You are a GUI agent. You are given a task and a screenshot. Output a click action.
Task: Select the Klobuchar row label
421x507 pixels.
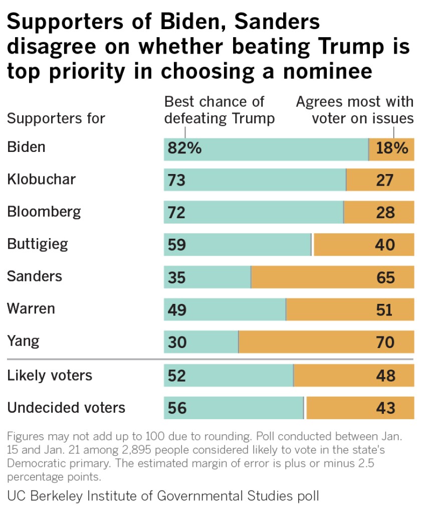click(41, 179)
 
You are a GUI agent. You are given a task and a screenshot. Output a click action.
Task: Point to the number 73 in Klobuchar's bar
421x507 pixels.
click(176, 180)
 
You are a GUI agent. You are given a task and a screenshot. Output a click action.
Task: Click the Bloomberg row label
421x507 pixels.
click(44, 212)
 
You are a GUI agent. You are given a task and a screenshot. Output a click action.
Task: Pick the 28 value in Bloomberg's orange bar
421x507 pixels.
click(385, 213)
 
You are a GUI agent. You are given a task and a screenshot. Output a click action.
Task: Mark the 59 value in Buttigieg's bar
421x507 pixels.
click(176, 245)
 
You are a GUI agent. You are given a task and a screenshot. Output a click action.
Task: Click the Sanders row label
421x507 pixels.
click(35, 276)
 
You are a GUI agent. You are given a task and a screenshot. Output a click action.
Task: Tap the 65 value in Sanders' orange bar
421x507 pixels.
click(385, 277)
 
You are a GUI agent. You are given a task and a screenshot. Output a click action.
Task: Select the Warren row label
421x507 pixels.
click(31, 308)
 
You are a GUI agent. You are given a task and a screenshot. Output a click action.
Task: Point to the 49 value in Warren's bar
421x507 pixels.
click(176, 310)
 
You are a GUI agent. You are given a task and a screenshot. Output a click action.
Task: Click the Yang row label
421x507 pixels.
click(23, 342)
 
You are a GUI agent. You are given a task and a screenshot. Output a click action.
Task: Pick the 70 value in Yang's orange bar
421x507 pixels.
click(385, 343)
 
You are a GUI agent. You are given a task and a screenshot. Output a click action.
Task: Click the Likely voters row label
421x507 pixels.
click(50, 375)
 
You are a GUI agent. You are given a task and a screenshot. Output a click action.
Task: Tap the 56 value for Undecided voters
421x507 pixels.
click(176, 408)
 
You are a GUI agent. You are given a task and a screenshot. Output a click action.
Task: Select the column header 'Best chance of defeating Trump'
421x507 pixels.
click(220, 110)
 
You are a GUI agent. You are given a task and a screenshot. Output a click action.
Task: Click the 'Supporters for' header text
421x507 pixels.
click(56, 119)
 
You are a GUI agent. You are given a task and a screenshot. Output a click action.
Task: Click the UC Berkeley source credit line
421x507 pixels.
click(163, 496)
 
